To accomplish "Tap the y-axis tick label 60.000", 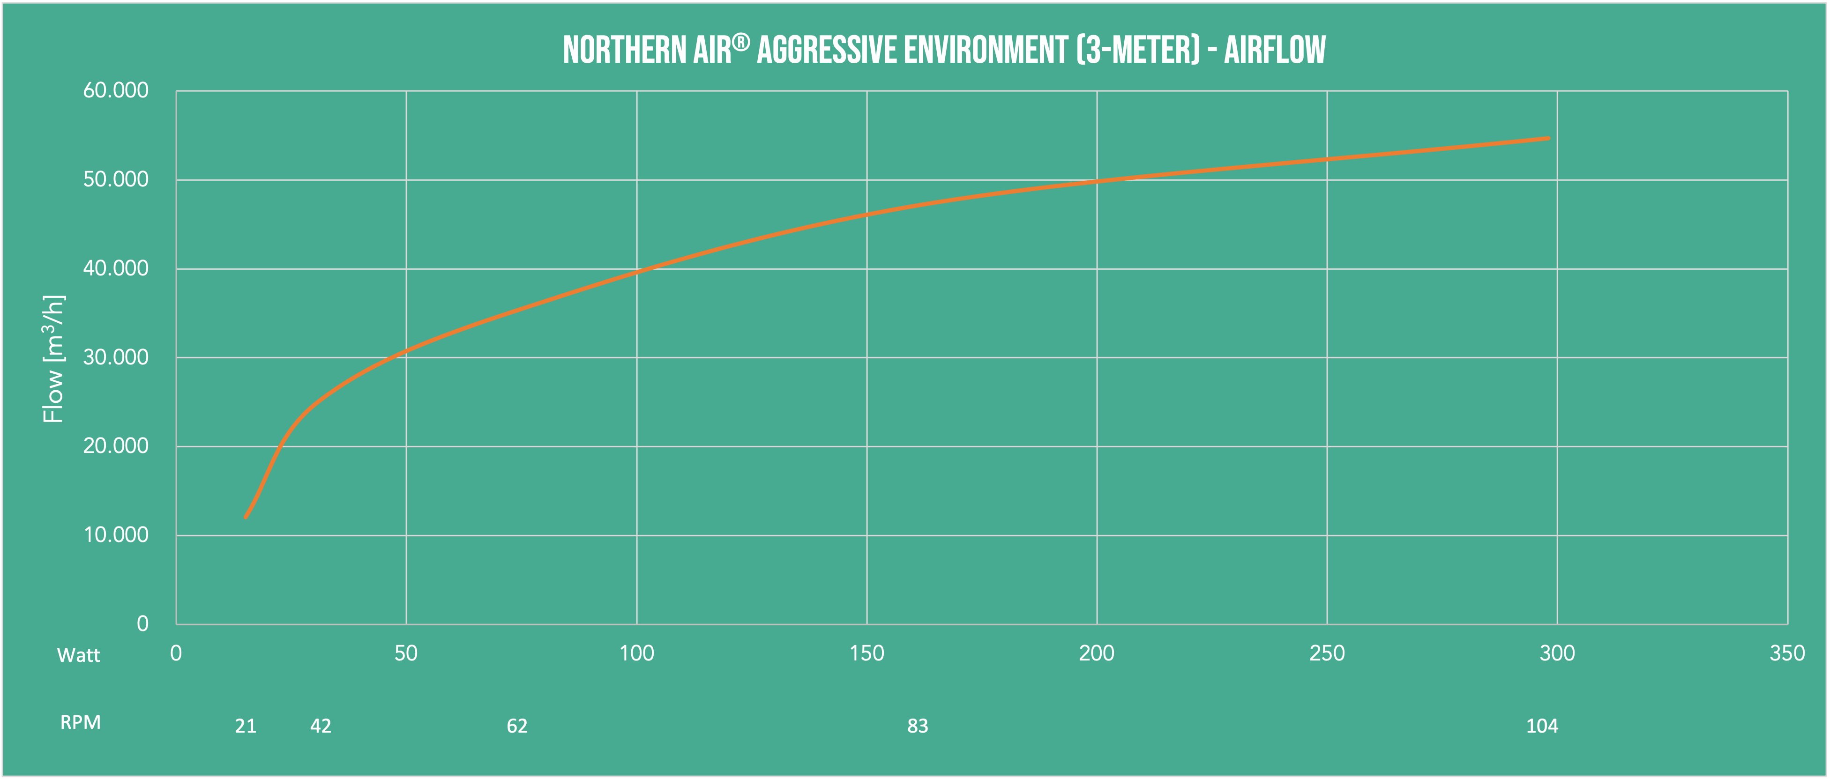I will [116, 90].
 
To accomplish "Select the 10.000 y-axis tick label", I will [116, 535].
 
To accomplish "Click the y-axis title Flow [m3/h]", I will [54, 359].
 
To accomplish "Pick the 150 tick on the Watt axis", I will [866, 653].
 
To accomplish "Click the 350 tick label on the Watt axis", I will [1787, 653].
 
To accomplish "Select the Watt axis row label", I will [78, 655].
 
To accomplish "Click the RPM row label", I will [80, 723].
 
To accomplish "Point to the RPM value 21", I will [246, 726].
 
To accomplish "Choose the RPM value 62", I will [517, 726].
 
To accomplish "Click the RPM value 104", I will [1542, 726].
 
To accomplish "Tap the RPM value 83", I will [918, 726].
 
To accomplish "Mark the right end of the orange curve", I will [1549, 139].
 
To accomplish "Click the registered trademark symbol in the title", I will [741, 43].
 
